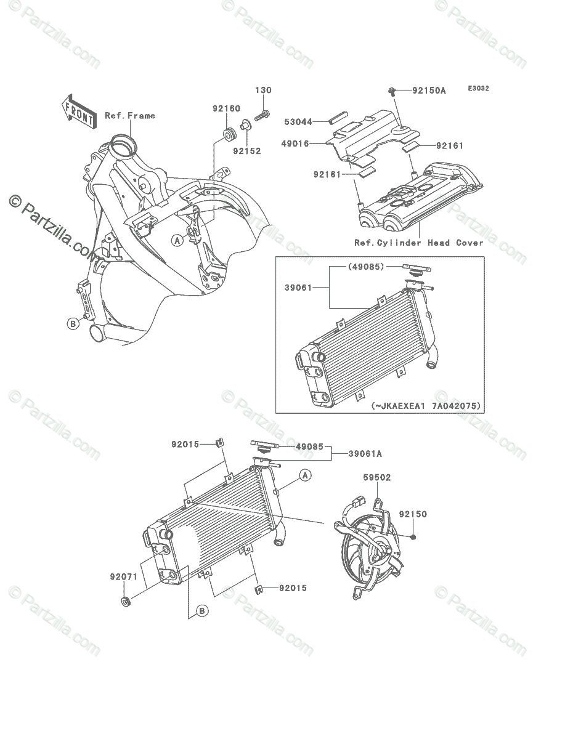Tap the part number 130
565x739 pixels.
[263, 91]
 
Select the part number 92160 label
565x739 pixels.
[226, 108]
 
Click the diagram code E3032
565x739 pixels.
[478, 89]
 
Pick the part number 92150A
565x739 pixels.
[429, 91]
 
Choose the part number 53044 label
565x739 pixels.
[298, 121]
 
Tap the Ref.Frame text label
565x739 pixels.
[130, 115]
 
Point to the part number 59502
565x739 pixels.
[377, 477]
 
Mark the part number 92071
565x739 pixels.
[123, 576]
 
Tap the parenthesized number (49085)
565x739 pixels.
[366, 267]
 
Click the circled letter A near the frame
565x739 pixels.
[177, 240]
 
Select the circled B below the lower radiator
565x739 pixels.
[201, 611]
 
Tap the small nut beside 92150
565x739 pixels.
[410, 537]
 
